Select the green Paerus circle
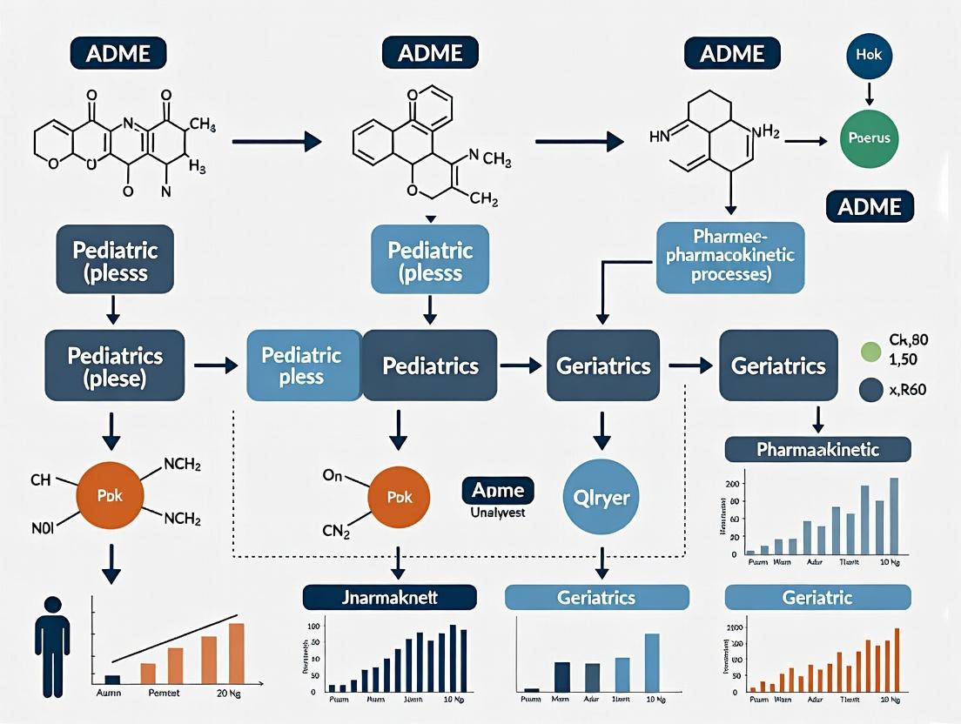coord(869,137)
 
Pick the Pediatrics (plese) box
coord(115,365)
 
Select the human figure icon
coord(52,645)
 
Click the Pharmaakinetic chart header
coord(817,449)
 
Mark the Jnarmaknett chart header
coord(389,597)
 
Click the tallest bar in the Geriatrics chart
coord(651,660)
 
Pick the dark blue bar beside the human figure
coord(112,679)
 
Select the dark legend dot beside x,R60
coord(871,390)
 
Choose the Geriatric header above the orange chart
coord(817,597)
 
